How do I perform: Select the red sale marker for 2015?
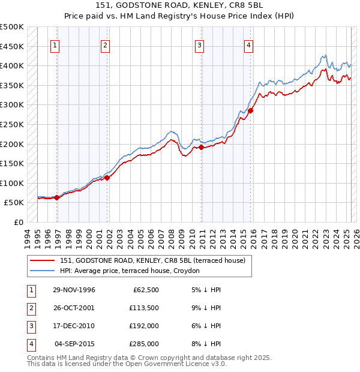(x=250, y=110)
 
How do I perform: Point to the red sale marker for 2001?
(x=107, y=178)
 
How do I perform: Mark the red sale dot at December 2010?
(x=202, y=147)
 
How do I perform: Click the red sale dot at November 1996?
(x=57, y=197)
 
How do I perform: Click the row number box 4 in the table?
(x=31, y=344)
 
